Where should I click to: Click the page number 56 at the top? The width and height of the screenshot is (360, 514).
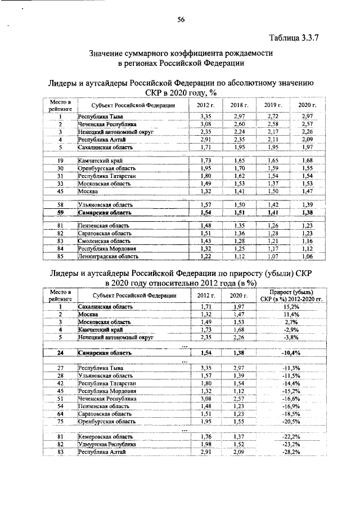coord(182,20)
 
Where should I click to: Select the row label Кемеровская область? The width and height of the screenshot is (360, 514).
coord(105,436)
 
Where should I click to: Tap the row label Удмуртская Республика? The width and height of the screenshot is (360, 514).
coord(107,444)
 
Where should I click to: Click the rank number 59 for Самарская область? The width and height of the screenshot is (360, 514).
coord(59,213)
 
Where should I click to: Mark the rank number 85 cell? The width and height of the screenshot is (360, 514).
coord(59,257)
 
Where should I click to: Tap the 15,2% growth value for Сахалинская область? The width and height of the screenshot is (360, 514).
coord(291,306)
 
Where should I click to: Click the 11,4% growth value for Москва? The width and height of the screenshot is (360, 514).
coord(291,314)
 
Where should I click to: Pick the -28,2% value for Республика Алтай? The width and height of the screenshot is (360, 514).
coord(291,452)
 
